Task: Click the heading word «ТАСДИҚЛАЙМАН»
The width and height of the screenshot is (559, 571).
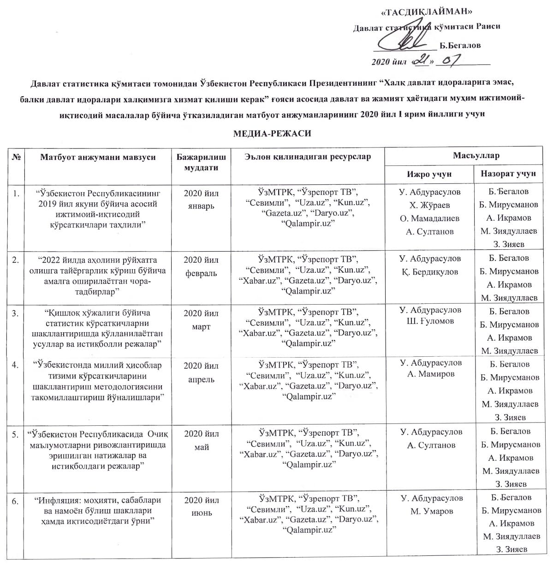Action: click(428, 12)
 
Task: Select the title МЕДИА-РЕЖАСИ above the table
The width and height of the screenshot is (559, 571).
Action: click(272, 134)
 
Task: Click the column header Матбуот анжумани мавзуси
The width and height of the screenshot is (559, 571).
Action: click(98, 157)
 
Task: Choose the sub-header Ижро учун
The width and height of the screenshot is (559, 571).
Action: click(429, 174)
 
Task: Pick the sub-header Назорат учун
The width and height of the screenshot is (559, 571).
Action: click(508, 174)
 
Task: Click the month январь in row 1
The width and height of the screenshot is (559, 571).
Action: click(202, 206)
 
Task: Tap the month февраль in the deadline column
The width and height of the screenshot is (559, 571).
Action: click(201, 273)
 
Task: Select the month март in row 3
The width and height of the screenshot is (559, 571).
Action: click(202, 327)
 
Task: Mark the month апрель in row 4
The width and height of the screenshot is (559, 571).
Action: click(202, 380)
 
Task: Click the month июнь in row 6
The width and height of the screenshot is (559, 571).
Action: click(202, 513)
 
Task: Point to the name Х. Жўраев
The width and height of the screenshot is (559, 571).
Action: click(429, 206)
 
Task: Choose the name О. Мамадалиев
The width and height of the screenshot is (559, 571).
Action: click(429, 218)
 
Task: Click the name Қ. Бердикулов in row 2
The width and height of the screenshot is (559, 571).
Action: click(429, 272)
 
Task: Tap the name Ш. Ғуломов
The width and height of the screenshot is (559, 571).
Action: click(429, 321)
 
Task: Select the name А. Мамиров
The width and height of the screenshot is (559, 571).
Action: click(429, 374)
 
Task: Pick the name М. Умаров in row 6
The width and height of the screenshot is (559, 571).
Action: click(432, 511)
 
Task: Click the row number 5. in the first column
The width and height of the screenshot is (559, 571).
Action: click(15, 434)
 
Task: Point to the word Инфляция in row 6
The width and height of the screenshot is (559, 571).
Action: click(58, 500)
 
